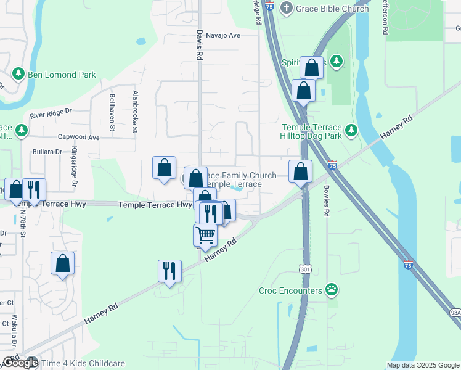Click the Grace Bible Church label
coord(332,9)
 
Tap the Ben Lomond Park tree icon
coord(18,75)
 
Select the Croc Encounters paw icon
coord(332,289)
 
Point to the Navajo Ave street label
coord(222,35)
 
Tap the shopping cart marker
coord(205,234)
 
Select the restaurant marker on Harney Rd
coord(169,270)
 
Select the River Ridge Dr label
coord(51,114)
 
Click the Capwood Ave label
coord(78,138)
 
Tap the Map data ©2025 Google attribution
coord(422,365)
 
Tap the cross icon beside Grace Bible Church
coord(286,8)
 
